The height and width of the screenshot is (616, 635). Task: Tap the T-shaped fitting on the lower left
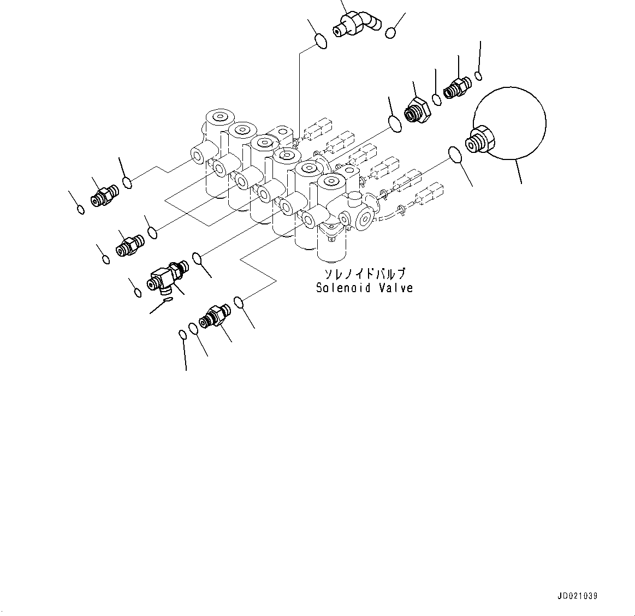point(167,276)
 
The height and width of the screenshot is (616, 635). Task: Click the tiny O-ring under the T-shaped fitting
point(168,298)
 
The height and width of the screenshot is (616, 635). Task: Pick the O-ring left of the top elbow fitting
point(322,42)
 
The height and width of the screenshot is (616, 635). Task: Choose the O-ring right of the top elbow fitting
point(390,33)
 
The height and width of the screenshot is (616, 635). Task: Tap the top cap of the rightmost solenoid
point(332,181)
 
